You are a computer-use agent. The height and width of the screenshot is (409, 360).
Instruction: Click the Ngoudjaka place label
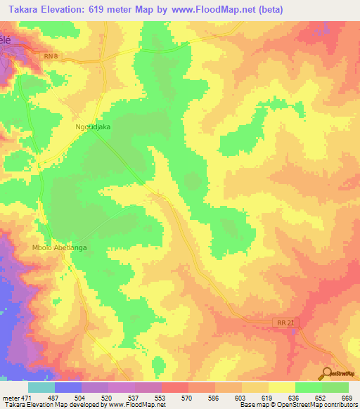(93, 127)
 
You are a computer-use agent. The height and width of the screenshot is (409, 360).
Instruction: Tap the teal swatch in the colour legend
(41, 387)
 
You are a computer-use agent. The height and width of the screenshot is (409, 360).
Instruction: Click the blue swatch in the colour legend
(68, 387)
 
